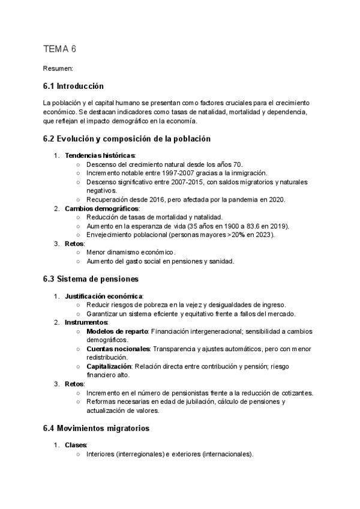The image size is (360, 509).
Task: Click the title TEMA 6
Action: tap(60, 49)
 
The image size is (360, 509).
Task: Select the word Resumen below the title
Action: tap(58, 69)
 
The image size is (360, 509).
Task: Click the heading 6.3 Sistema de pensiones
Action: tap(91, 279)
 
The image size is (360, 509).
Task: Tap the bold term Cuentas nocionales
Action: tap(118, 349)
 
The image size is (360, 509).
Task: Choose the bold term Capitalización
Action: tap(109, 366)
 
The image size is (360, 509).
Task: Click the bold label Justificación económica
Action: tap(103, 296)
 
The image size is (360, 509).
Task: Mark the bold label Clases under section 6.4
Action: tap(76, 445)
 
